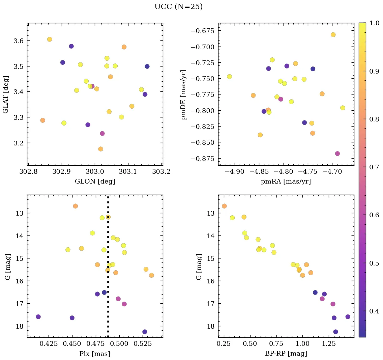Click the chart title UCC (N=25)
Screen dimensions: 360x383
pos(178,7)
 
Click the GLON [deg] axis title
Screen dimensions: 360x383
pos(95,182)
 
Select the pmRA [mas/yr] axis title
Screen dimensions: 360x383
pos(286,182)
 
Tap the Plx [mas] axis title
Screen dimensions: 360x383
pos(95,354)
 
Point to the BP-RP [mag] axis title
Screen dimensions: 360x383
pos(286,354)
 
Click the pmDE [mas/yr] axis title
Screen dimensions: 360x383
pos(183,94)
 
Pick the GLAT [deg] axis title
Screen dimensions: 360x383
pos(6,94)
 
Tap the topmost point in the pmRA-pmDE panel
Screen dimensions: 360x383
pos(333,35)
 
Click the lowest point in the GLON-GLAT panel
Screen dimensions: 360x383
pos(100,149)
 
